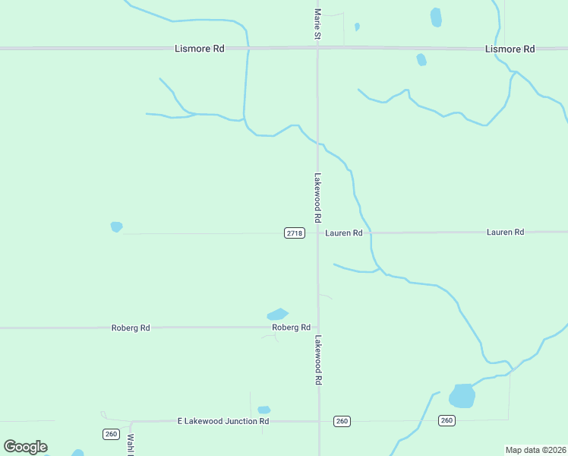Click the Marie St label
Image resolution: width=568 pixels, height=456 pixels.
318,25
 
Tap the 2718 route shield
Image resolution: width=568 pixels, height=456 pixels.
295,233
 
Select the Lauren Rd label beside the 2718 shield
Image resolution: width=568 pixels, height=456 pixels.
344,233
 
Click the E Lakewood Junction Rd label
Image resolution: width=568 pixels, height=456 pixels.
223,420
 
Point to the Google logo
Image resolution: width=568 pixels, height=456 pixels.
25,447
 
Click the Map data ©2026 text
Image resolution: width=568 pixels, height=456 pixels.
535,450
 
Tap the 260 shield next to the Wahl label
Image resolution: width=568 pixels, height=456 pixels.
111,433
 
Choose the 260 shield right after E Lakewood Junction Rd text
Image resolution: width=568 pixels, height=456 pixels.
342,421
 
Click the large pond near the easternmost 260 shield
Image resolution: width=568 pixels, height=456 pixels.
462,396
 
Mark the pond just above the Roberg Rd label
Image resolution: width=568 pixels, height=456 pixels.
277,314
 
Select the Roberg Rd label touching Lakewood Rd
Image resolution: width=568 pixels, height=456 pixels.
292,328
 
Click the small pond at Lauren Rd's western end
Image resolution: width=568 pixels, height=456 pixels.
116,226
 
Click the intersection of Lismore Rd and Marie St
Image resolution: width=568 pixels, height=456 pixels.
317,49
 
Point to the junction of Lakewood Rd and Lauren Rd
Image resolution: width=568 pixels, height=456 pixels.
317,233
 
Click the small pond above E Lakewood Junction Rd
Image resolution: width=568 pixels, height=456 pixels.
264,410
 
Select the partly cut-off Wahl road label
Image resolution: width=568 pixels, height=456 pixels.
131,443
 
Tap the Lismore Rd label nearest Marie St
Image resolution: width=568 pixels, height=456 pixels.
199,49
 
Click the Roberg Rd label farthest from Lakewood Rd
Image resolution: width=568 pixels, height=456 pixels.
131,328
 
